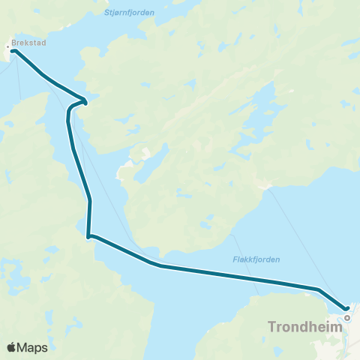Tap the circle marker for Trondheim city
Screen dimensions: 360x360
point(347,317)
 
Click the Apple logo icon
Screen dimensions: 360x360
point(11,347)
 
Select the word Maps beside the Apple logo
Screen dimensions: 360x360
point(32,347)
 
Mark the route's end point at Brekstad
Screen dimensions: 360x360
point(13,51)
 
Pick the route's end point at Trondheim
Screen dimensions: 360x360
point(347,308)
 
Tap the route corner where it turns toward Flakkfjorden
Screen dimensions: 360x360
point(88,237)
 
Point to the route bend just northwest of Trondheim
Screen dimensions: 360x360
point(319,289)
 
